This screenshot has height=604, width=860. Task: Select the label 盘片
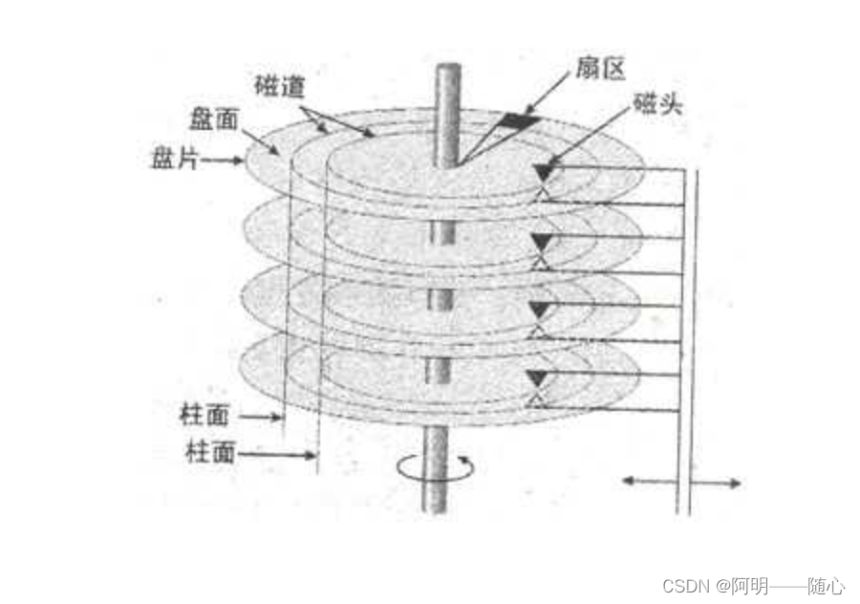click(174, 159)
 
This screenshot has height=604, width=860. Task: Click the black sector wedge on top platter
click(518, 120)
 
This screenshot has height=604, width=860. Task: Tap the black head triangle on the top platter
click(543, 172)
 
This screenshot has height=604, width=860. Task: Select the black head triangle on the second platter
click(543, 240)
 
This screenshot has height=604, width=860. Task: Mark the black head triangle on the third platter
click(543, 309)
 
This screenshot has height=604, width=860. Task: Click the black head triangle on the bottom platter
click(543, 377)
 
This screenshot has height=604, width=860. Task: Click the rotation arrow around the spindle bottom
click(435, 467)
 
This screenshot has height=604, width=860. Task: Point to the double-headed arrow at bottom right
click(681, 483)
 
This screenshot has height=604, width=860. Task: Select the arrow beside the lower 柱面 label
click(278, 455)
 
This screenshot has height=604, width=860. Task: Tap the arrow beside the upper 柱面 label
click(261, 418)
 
